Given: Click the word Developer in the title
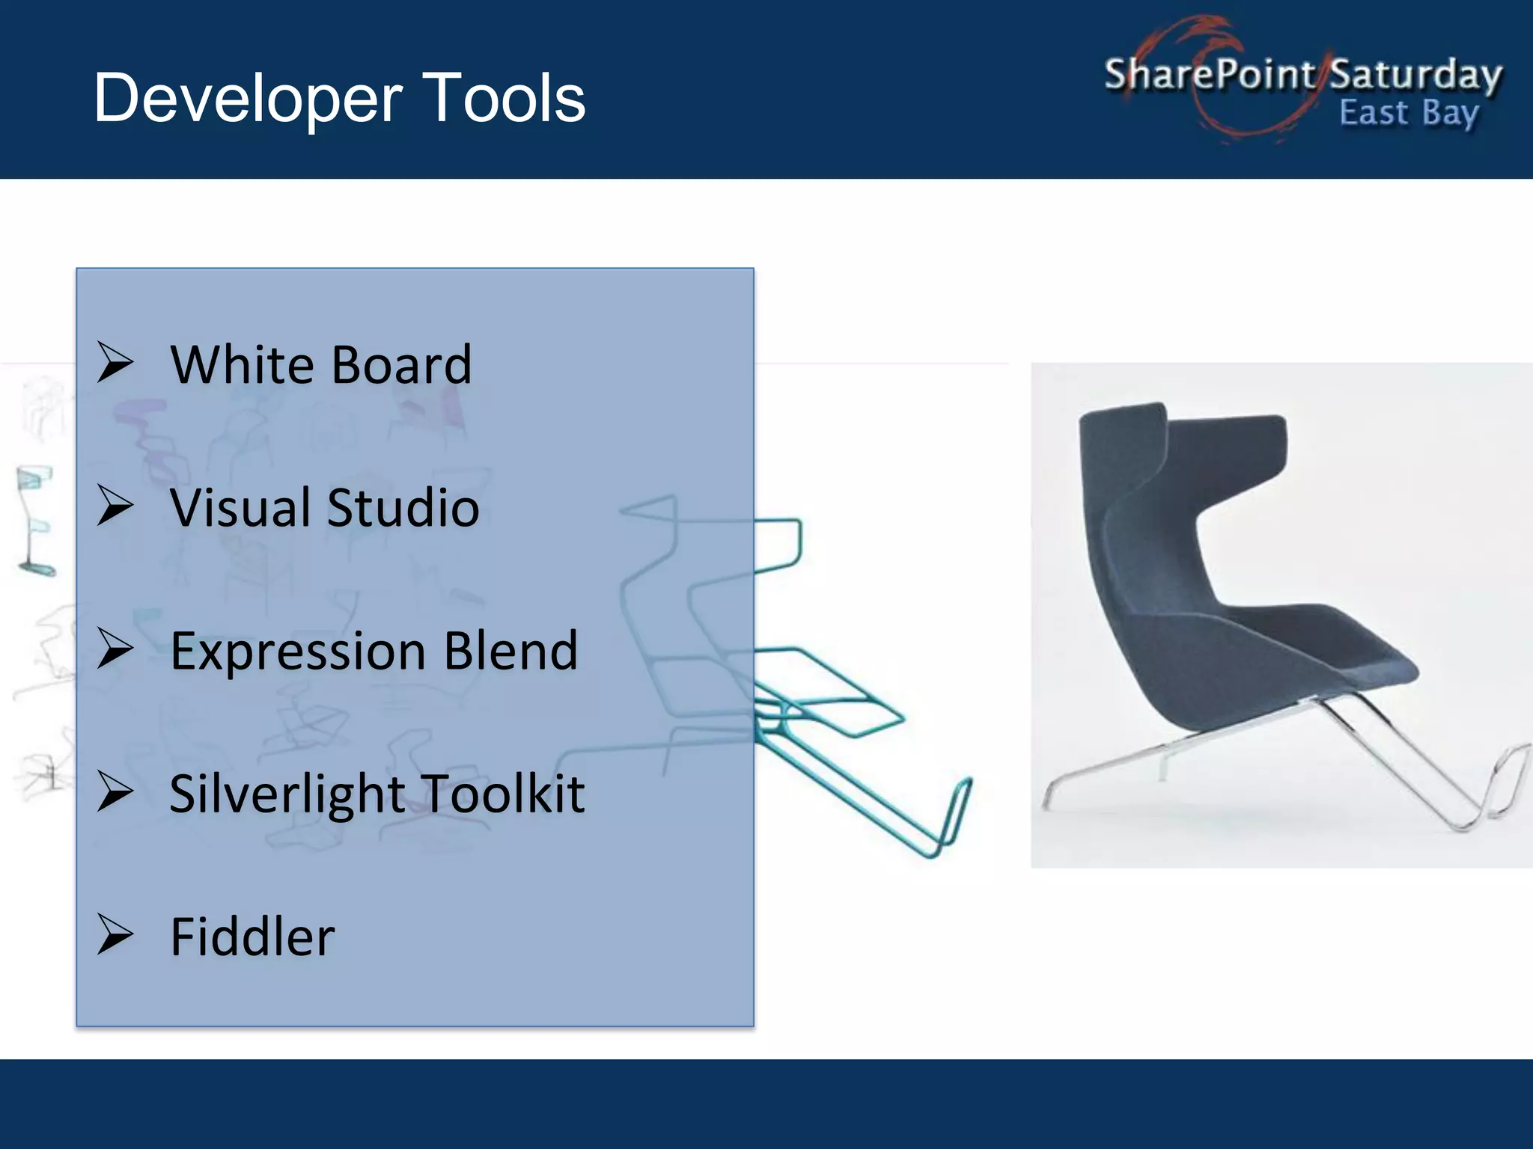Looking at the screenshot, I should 248,99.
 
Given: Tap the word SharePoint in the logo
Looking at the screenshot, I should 1208,74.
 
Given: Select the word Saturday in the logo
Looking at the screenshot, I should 1415,75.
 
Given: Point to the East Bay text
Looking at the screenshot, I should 1408,113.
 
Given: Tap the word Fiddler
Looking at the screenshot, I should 252,937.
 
